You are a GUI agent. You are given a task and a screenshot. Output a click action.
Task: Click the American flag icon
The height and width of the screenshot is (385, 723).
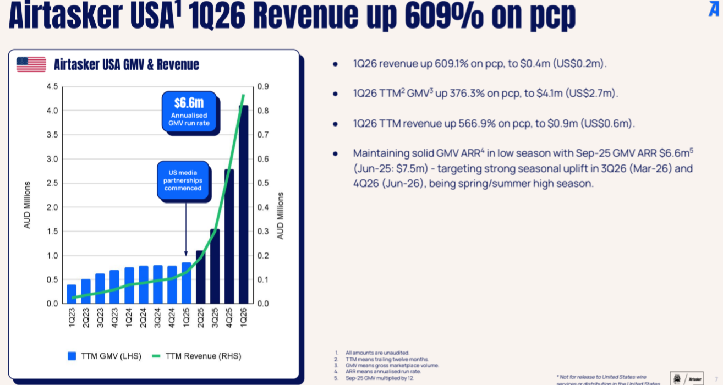[31, 64]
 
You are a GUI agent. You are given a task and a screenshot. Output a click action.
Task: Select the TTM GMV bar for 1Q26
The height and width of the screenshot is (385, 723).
[243, 204]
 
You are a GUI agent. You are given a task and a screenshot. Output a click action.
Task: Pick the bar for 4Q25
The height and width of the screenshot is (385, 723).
[229, 237]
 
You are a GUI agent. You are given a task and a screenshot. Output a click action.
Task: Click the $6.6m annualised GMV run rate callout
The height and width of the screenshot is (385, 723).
[188, 112]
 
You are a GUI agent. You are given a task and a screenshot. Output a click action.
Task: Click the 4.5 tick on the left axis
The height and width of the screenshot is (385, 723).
[52, 86]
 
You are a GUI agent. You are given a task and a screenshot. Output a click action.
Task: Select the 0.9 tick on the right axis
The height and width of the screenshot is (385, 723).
[263, 86]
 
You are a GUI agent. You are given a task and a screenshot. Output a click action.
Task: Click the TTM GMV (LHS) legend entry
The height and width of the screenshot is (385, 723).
[105, 356]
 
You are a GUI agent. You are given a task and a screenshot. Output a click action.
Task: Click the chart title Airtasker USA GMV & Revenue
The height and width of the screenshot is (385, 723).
[127, 65]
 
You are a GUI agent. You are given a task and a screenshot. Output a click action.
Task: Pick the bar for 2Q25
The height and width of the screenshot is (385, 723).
[200, 277]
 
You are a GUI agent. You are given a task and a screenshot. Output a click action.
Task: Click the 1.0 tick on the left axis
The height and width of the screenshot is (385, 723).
[52, 256]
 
